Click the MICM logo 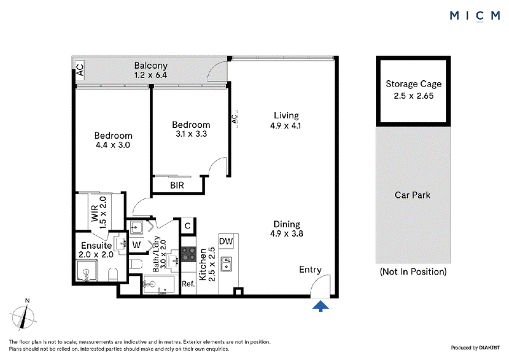pos(475,16)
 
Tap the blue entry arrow pos(321,306)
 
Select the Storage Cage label pos(414,84)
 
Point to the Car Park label pos(412,195)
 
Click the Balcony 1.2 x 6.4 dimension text pos(151,75)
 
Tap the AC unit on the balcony pos(80,69)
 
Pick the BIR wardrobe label pos(177,185)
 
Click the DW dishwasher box pos(226,241)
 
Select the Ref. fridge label pos(188,284)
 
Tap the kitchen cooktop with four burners pos(188,254)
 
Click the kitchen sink pos(227,263)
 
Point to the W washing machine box pos(136,245)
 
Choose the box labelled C pos(188,225)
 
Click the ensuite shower pos(87,271)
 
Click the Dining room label pos(287,224)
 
